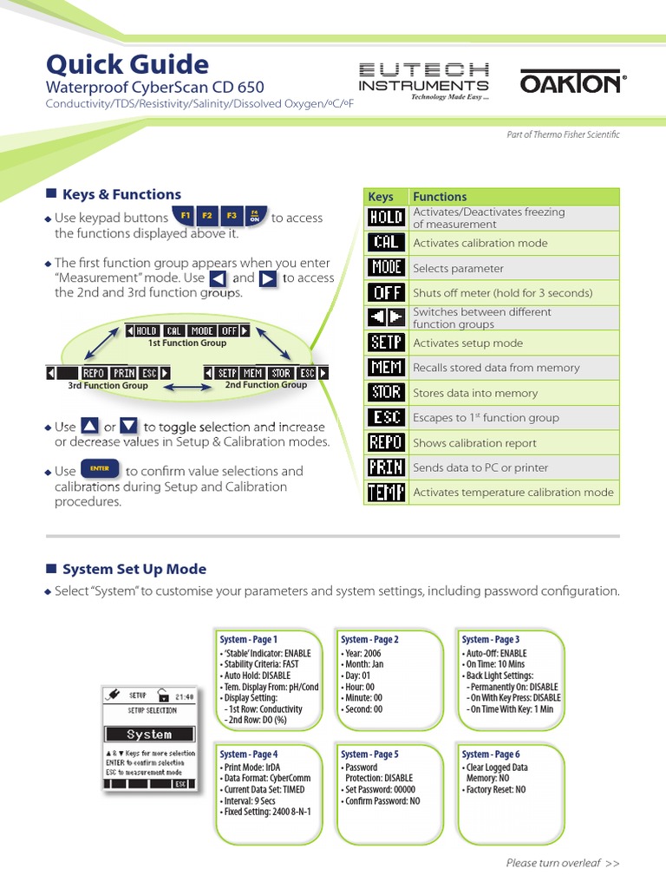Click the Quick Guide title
coord(127,64)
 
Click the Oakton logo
coord(571,83)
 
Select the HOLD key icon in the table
coord(386,218)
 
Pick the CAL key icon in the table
coord(386,243)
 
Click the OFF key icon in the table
coord(386,293)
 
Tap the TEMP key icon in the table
coord(386,493)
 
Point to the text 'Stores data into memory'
coord(475,393)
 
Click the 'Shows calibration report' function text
coord(474,443)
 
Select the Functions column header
coord(440,197)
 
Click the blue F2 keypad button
coord(207,216)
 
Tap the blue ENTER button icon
coord(100,469)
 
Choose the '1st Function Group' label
coord(187,343)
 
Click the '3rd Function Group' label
coord(108,386)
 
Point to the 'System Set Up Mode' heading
coord(134,569)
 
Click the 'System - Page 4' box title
coord(249,754)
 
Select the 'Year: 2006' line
coord(364,653)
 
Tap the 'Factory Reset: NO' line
coord(495,790)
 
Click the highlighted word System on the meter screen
coord(149,735)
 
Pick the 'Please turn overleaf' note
coord(563,863)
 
